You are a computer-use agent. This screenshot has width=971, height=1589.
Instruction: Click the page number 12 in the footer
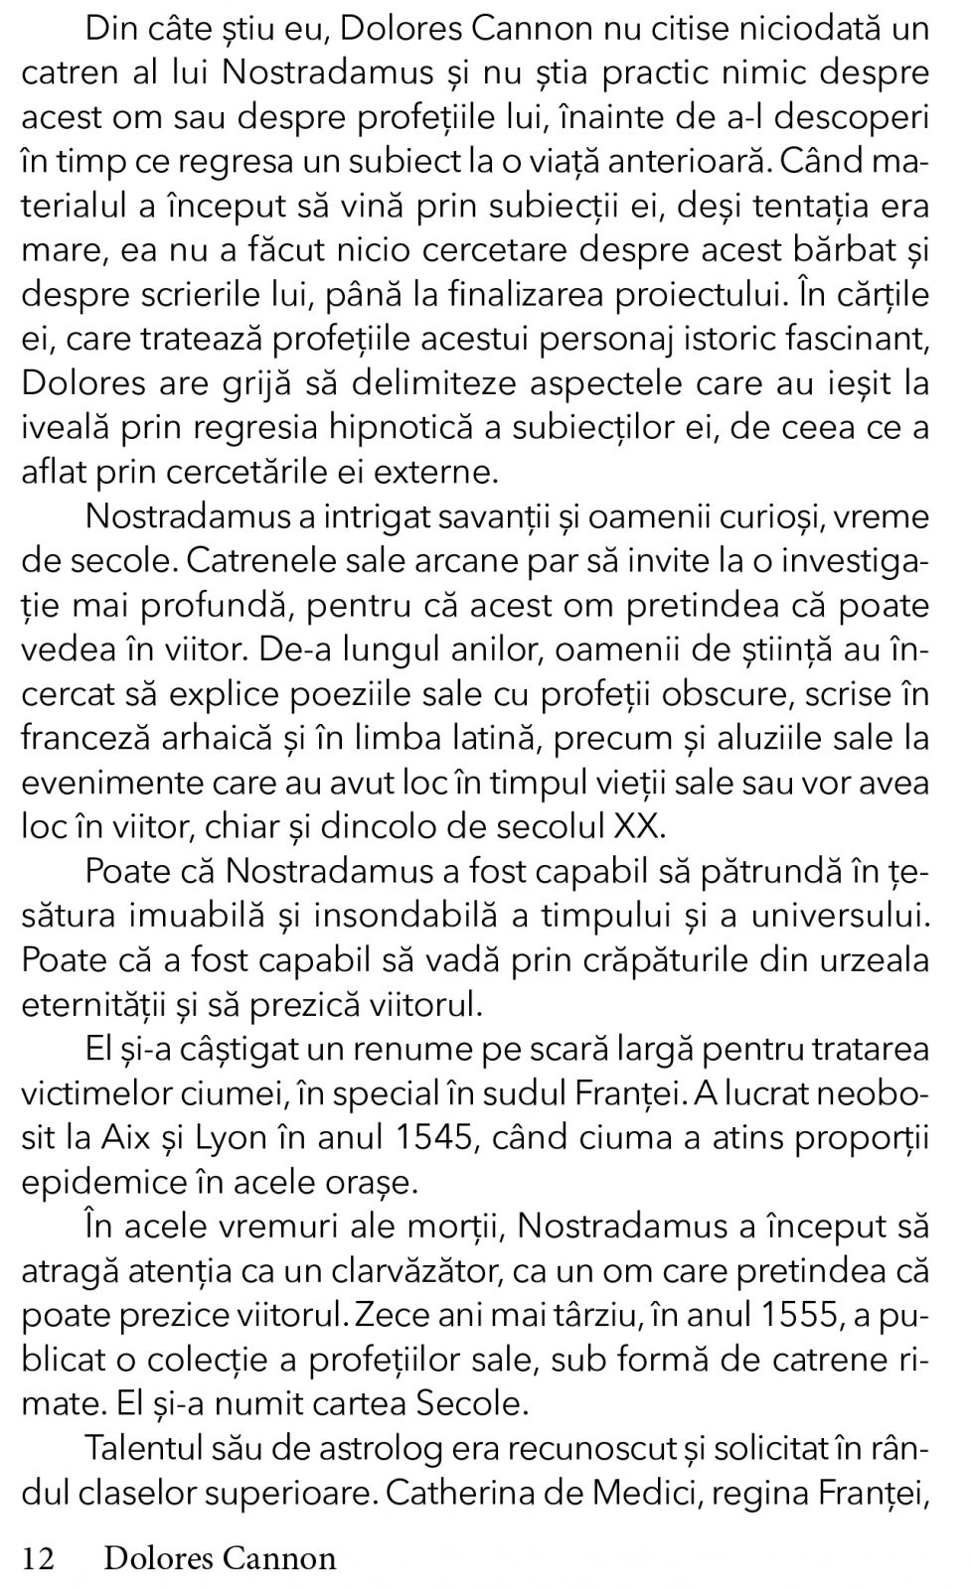tap(38, 1558)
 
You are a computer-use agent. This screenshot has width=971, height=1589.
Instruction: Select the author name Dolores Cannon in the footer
tap(220, 1558)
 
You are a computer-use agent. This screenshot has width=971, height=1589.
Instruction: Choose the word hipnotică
tap(427, 427)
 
